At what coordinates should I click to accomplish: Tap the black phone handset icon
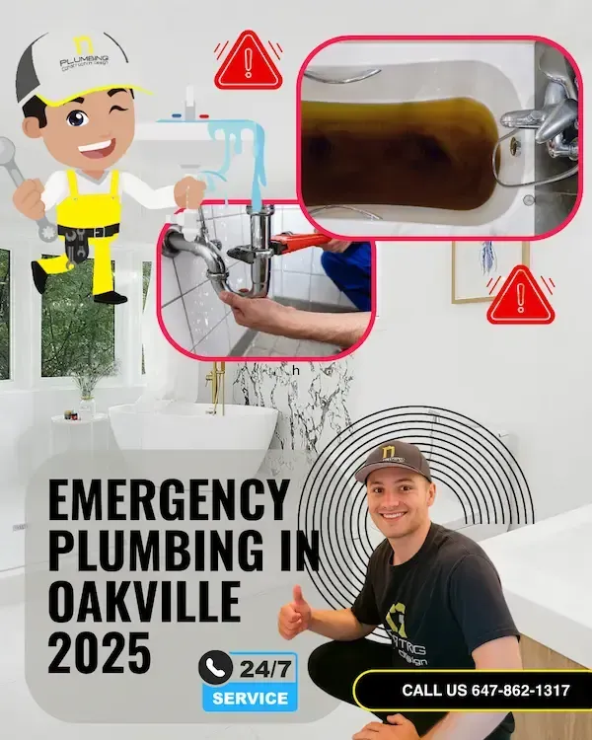tap(214, 668)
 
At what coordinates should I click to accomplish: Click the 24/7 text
tap(263, 669)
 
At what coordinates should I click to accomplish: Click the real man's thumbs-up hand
tap(294, 613)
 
